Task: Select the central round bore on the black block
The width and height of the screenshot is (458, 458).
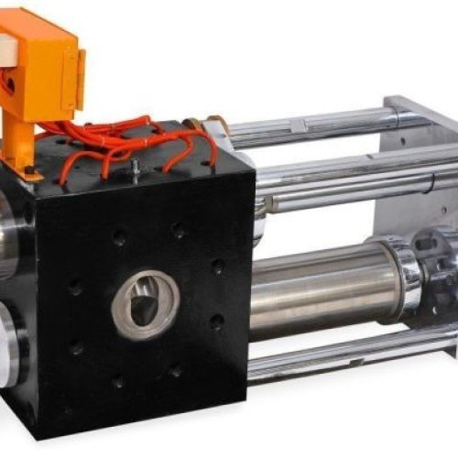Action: pos(146,302)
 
